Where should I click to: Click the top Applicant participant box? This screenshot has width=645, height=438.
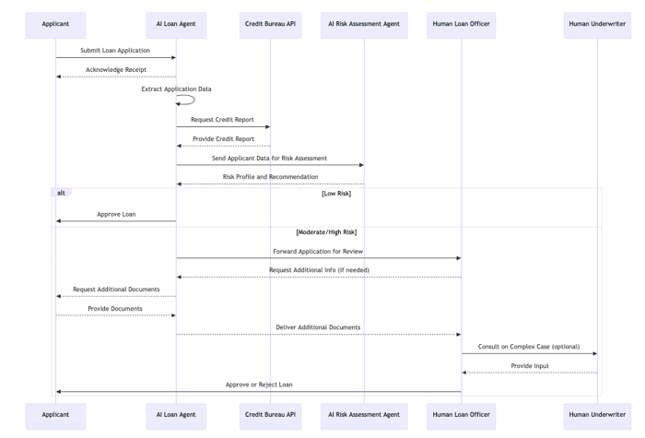pyautogui.click(x=55, y=25)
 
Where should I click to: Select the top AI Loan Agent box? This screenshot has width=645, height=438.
pyautogui.click(x=176, y=25)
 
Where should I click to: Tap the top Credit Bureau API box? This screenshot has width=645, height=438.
pyautogui.click(x=270, y=25)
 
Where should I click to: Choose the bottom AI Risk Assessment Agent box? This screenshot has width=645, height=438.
pyautogui.click(x=364, y=416)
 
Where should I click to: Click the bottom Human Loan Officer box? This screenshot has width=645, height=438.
pyautogui.click(x=461, y=416)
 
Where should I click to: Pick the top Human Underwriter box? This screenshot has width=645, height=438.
pyautogui.click(x=597, y=25)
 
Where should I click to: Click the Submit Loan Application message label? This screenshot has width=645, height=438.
pyautogui.click(x=115, y=50)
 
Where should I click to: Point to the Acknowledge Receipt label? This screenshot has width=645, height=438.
pyautogui.click(x=116, y=69)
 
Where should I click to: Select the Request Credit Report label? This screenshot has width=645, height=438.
pyautogui.click(x=222, y=119)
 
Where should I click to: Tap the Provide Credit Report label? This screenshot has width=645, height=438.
pyautogui.click(x=223, y=138)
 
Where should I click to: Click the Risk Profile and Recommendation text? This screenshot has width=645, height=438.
pyautogui.click(x=270, y=177)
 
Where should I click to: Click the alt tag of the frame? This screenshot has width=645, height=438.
pyautogui.click(x=61, y=192)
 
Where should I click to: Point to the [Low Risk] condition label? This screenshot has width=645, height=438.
pyautogui.click(x=336, y=194)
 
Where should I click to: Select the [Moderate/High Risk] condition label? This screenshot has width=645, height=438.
pyautogui.click(x=326, y=232)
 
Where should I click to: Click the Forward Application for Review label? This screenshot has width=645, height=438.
pyautogui.click(x=318, y=251)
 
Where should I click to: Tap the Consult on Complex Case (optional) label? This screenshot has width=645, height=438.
pyautogui.click(x=529, y=347)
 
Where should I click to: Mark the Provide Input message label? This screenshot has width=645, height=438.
pyautogui.click(x=530, y=365)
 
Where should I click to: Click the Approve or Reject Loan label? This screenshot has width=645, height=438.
pyautogui.click(x=259, y=385)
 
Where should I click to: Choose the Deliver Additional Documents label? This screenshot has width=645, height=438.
pyautogui.click(x=318, y=327)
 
